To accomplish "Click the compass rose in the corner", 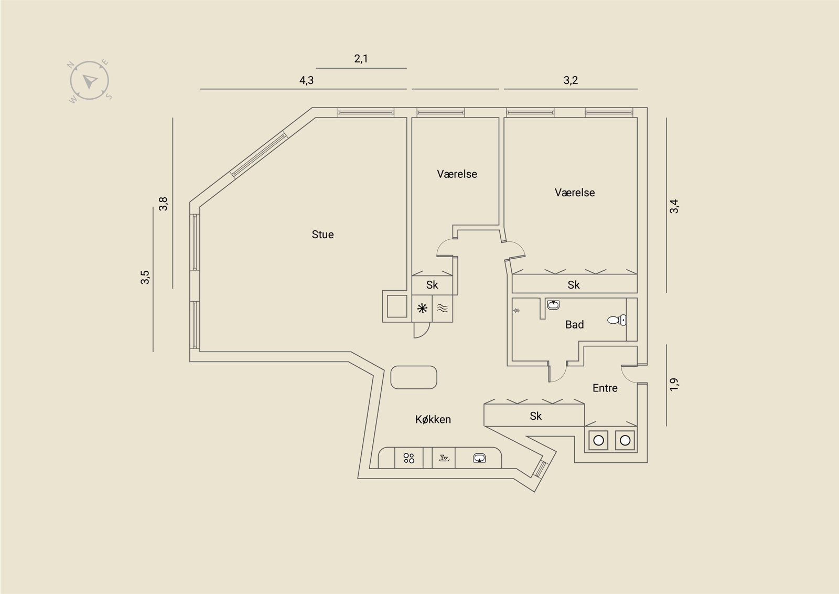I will [x=90, y=81].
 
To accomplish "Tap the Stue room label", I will [x=322, y=235].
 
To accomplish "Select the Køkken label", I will [x=433, y=419].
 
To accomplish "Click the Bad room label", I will [x=574, y=325].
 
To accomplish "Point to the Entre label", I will [x=605, y=388].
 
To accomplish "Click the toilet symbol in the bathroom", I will [x=616, y=320].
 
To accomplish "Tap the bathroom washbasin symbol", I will [x=553, y=304].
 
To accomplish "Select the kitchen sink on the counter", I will [x=479, y=458].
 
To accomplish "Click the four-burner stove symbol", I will [x=409, y=458].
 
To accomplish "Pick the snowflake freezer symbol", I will [x=422, y=309].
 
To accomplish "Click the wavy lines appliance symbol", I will [x=442, y=309].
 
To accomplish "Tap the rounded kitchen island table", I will [x=414, y=377].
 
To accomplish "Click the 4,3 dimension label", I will [x=306, y=80].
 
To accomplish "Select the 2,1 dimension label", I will [x=361, y=59].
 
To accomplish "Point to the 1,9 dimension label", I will [x=674, y=384].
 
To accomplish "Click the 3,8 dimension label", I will [x=163, y=204].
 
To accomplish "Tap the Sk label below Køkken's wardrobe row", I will [x=535, y=416].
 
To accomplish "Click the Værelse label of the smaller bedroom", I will [x=457, y=174].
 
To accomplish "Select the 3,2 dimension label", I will [x=571, y=80].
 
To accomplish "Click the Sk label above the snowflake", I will [x=432, y=285].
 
